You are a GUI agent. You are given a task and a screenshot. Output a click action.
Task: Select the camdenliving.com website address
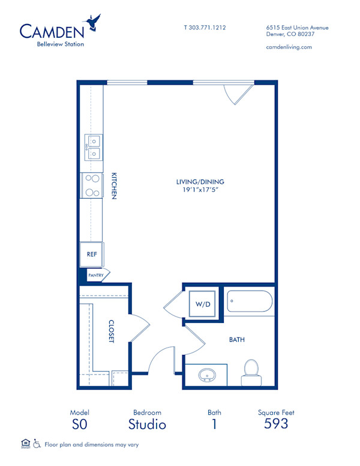point(288,47)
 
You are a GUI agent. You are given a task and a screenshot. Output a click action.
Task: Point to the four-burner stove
point(92,185)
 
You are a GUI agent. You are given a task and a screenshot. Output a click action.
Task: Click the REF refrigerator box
point(92,254)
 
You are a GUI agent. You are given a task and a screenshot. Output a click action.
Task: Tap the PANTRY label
point(95,276)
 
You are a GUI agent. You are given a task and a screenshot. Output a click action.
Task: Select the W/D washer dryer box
point(202,304)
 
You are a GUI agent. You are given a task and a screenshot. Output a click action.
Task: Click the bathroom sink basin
point(208,374)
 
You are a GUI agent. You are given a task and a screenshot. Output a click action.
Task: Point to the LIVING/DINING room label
point(196,182)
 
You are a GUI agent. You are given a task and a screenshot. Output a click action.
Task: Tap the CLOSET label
point(112,331)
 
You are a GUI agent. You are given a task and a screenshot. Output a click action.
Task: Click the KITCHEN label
point(113,186)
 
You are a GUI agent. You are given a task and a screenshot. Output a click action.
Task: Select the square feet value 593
point(276,424)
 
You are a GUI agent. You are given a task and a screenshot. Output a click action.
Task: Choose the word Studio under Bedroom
point(147,425)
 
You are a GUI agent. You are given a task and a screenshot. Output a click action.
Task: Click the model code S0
point(80,425)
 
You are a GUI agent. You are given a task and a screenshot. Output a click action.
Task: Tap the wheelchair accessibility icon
point(36,444)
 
